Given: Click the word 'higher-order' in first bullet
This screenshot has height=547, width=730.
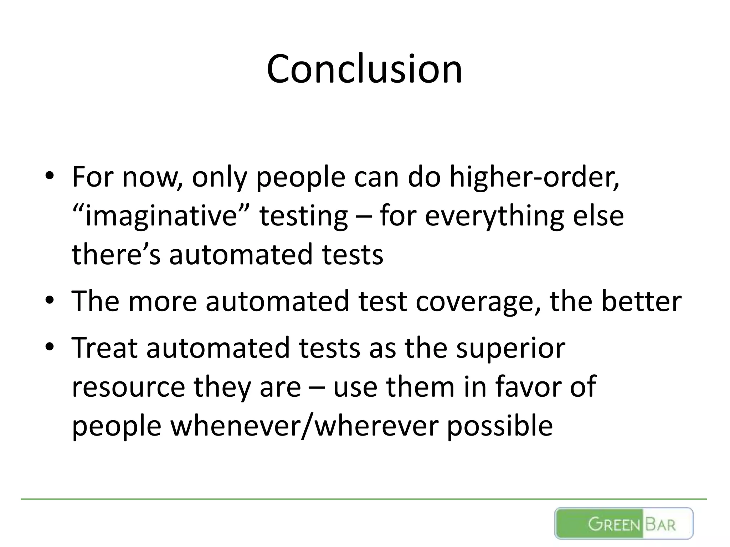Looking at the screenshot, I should (534, 177).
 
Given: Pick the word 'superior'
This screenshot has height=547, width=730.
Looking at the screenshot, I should (510, 348).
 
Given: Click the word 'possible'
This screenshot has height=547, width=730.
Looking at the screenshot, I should (499, 426).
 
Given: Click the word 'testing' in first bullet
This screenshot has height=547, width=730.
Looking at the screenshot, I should (303, 217).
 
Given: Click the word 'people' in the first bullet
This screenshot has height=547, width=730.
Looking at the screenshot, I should (300, 177).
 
